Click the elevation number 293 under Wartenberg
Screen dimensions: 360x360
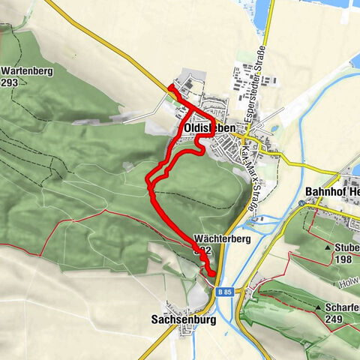(x=12, y=82)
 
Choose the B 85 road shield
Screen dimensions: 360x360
(x=223, y=292)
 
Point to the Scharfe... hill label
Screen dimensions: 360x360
(x=342, y=307)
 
